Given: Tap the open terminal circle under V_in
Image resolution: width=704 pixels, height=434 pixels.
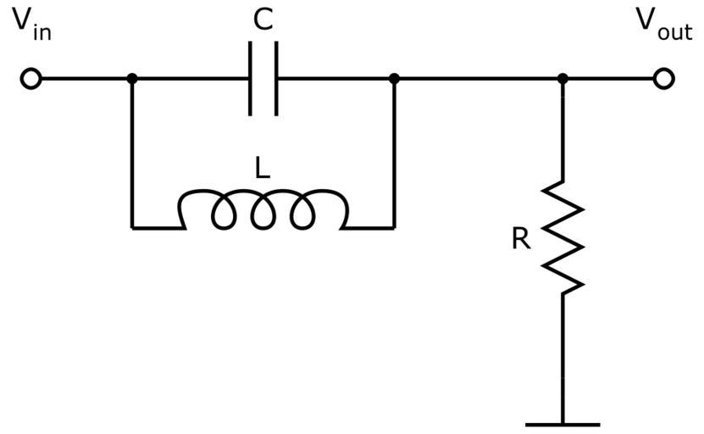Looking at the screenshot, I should (x=30, y=79).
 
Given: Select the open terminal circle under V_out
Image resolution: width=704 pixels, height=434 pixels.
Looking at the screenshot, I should (x=664, y=79).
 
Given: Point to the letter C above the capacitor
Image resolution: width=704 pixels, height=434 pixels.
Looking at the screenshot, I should (x=263, y=19).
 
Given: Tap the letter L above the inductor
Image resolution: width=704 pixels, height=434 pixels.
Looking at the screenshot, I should (x=263, y=169).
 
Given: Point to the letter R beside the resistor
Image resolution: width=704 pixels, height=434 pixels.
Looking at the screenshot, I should (x=521, y=240).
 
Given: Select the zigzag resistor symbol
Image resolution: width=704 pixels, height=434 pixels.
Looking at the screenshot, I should (x=563, y=237).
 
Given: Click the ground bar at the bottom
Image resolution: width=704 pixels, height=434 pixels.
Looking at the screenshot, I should (x=563, y=424).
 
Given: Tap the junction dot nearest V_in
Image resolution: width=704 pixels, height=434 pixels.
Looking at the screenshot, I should (x=131, y=79).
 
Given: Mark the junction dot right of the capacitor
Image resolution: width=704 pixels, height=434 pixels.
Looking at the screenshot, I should (x=394, y=79).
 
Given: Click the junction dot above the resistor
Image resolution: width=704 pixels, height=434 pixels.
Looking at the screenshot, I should (x=563, y=79).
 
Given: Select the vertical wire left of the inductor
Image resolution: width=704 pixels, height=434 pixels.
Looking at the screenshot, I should (x=131, y=153).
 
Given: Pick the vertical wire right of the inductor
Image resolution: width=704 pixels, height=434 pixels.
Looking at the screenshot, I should (x=394, y=153).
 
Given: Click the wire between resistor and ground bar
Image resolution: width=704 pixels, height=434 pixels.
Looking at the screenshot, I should (x=563, y=356).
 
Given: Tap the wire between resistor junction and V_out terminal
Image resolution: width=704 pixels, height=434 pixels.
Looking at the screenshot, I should (x=610, y=79).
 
